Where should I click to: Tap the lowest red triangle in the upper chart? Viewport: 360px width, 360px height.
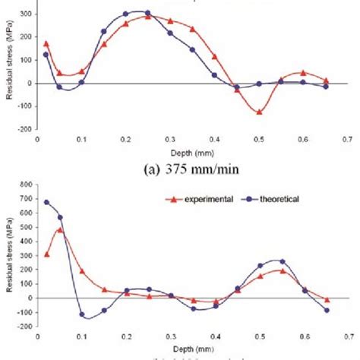pyautogui.click(x=260, y=112)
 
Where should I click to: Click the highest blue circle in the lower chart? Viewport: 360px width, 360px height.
pyautogui.click(x=46, y=202)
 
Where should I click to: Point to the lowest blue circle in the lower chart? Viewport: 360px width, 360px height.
pyautogui.click(x=82, y=314)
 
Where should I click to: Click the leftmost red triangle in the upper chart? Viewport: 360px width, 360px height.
pyautogui.click(x=46, y=44)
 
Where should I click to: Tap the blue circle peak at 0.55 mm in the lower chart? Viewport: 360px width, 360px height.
pyautogui.click(x=282, y=261)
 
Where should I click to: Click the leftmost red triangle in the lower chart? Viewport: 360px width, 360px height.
pyautogui.click(x=46, y=254)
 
